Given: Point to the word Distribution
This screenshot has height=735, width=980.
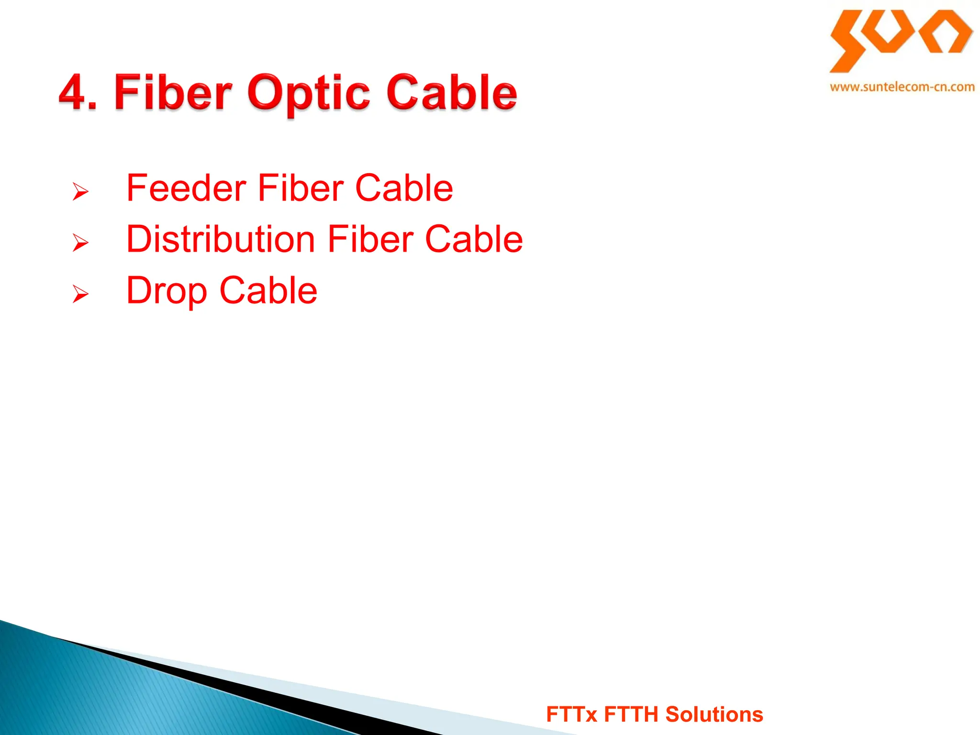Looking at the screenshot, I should coord(221,239).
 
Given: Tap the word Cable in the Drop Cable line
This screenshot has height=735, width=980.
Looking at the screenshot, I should coord(268,290).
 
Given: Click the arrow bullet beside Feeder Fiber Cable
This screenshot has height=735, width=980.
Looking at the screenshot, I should coord(80,191).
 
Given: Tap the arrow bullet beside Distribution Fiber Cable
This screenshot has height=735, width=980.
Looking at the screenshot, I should coord(80,243).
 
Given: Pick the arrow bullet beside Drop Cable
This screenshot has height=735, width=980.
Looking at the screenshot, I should coord(80,294).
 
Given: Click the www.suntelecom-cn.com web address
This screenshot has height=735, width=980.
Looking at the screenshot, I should coord(902,87).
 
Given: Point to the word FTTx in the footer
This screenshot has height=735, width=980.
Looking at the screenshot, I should coord(571,714).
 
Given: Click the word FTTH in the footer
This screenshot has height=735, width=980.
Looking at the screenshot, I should coord(631,714).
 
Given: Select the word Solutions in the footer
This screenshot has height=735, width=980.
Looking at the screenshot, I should coord(714,714).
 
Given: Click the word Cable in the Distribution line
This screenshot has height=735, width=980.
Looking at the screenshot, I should coord(474,239).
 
